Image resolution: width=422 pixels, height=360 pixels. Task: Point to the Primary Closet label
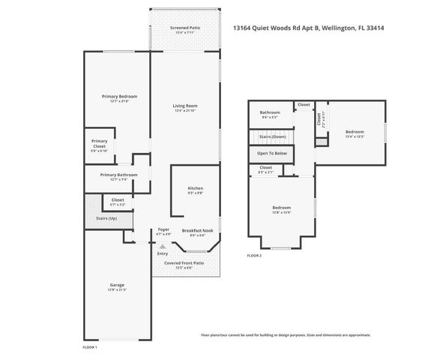click(x=100, y=142)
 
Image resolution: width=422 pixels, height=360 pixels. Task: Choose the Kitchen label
click(x=195, y=187)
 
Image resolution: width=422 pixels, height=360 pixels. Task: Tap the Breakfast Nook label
click(x=194, y=230)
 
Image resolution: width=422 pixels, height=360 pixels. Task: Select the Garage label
click(x=116, y=285)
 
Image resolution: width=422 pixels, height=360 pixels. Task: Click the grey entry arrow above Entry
click(x=162, y=245)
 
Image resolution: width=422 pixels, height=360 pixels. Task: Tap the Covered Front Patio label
click(x=184, y=263)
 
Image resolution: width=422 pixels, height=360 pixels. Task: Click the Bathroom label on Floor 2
click(x=270, y=112)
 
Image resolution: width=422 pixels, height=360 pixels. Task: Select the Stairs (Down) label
click(x=273, y=136)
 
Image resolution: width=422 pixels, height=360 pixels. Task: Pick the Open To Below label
click(x=271, y=153)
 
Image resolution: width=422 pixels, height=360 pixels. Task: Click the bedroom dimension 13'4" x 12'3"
click(x=355, y=136)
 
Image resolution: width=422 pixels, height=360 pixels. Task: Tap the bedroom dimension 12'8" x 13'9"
click(x=281, y=212)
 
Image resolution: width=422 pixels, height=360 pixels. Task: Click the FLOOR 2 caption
click(x=254, y=256)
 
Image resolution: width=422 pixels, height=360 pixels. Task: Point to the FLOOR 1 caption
click(x=89, y=347)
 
